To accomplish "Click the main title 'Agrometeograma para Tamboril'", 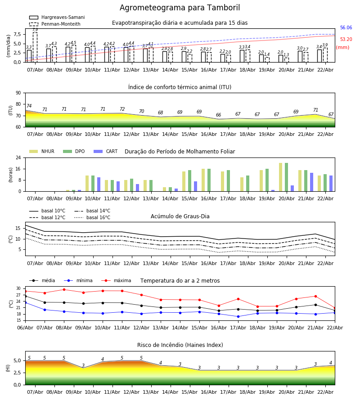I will (180, 8).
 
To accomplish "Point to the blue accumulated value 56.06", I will (346, 28).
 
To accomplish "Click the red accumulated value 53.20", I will (346, 40).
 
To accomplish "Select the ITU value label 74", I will (29, 106).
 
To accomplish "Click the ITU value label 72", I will (122, 109).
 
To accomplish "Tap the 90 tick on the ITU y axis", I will (18, 93).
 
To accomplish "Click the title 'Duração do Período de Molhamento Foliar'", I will (180, 152).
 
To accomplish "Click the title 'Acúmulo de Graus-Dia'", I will (180, 216).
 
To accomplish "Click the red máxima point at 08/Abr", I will (64, 290).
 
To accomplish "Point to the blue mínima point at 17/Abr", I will (238, 316).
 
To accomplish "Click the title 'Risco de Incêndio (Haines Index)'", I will (180, 345).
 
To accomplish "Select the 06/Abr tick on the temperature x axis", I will (25, 327).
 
